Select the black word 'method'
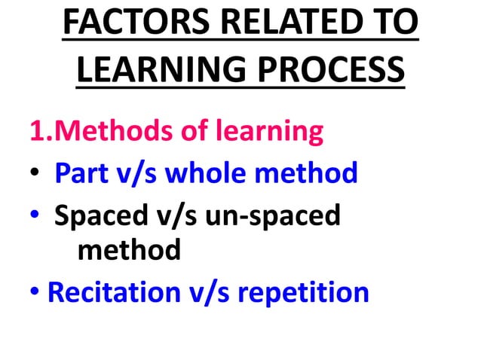tap(129, 249)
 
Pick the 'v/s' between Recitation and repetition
tap(207, 291)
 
